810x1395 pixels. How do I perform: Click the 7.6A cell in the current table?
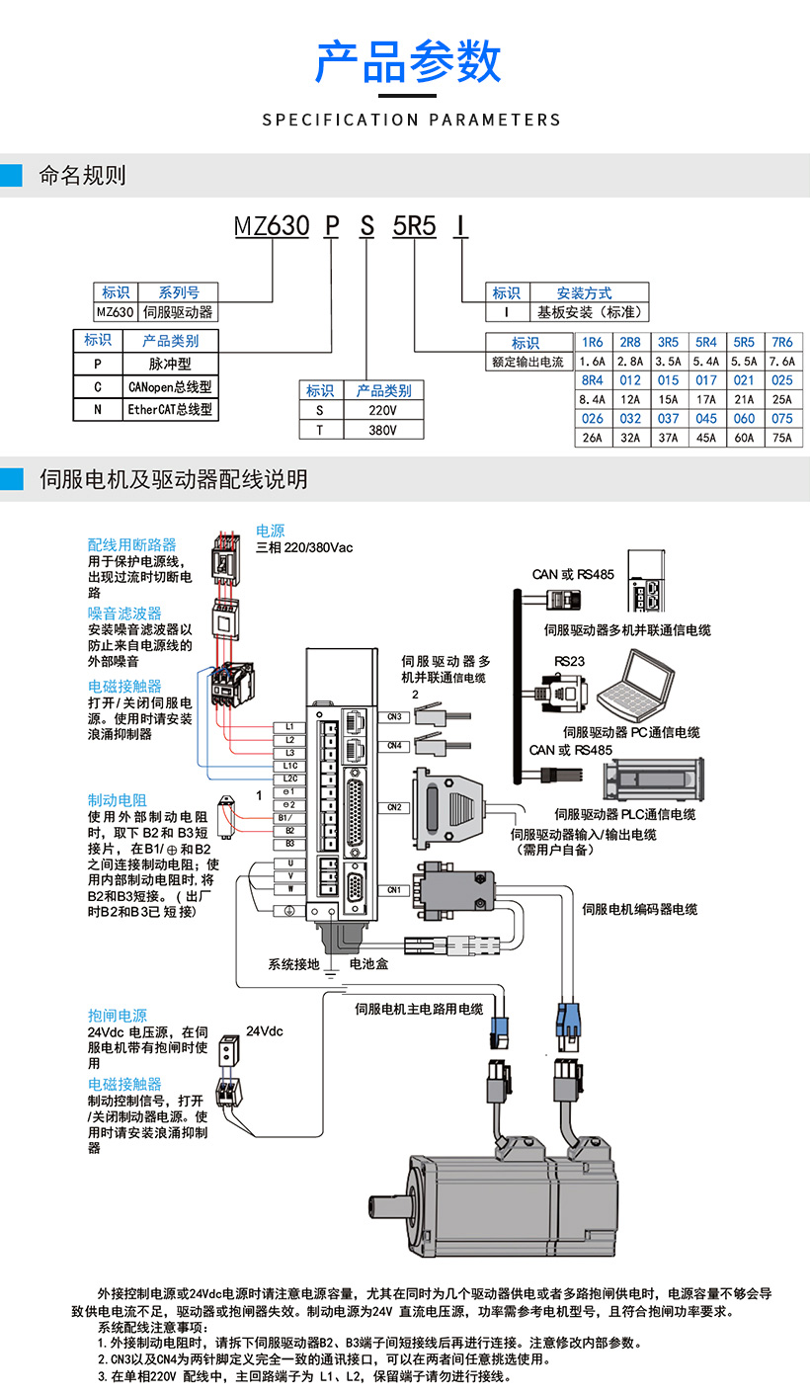(781, 362)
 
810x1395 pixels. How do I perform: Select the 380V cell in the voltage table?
(382, 430)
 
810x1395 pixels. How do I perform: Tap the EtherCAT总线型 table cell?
(169, 409)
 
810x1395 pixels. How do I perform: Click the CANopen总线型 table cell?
(169, 386)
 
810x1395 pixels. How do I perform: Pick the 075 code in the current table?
(781, 418)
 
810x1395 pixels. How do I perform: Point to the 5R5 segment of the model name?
(414, 226)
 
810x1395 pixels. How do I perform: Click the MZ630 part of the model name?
(272, 226)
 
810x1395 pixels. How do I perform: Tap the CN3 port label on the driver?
(394, 716)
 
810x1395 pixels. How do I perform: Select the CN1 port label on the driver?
(394, 890)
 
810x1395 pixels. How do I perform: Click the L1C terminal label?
(289, 766)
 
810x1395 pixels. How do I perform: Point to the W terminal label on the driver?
(289, 889)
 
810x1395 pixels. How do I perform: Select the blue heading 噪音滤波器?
(124, 614)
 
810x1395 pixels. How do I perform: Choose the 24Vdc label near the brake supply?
(264, 1031)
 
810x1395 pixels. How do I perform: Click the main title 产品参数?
(408, 61)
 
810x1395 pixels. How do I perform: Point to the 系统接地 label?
(293, 963)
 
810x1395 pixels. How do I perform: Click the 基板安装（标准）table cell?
(590, 312)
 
